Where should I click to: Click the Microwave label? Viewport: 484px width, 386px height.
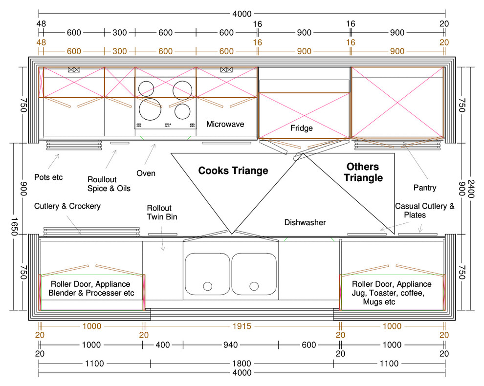[225, 124]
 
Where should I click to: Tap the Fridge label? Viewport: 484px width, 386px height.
[301, 128]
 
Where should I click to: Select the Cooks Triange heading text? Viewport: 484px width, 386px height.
[233, 171]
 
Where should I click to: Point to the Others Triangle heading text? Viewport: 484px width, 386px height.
[363, 172]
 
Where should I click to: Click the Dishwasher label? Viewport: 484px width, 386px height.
[305, 222]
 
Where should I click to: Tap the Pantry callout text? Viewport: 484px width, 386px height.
[425, 188]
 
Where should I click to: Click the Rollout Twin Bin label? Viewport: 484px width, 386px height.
[162, 212]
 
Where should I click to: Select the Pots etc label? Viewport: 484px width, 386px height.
[48, 177]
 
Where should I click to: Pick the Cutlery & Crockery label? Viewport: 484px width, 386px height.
[67, 206]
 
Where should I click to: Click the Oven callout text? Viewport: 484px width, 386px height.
[146, 173]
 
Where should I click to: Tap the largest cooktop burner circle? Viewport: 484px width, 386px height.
[150, 109]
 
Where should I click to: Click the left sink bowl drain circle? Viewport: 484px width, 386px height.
[208, 286]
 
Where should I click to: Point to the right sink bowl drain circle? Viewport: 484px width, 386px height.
[254, 286]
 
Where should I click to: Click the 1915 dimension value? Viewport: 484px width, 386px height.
[242, 326]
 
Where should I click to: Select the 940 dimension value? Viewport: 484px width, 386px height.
[231, 344]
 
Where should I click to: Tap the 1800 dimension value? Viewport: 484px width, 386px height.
[242, 364]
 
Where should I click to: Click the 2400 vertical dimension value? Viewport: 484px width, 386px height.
[471, 189]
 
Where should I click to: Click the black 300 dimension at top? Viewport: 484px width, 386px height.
[120, 32]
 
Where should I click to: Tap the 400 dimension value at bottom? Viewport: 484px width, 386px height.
[163, 344]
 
